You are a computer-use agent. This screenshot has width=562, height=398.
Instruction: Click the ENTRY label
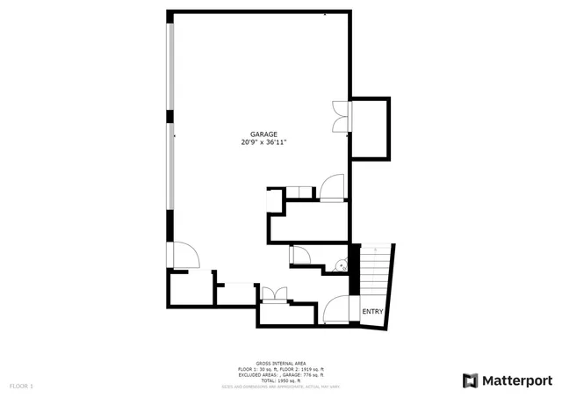(372, 312)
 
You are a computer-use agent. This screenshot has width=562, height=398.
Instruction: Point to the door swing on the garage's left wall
(185, 255)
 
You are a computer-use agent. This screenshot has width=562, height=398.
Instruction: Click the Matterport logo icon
(470, 380)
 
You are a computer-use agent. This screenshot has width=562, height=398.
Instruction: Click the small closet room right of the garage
(370, 129)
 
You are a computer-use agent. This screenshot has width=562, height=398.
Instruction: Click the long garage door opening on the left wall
(172, 141)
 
